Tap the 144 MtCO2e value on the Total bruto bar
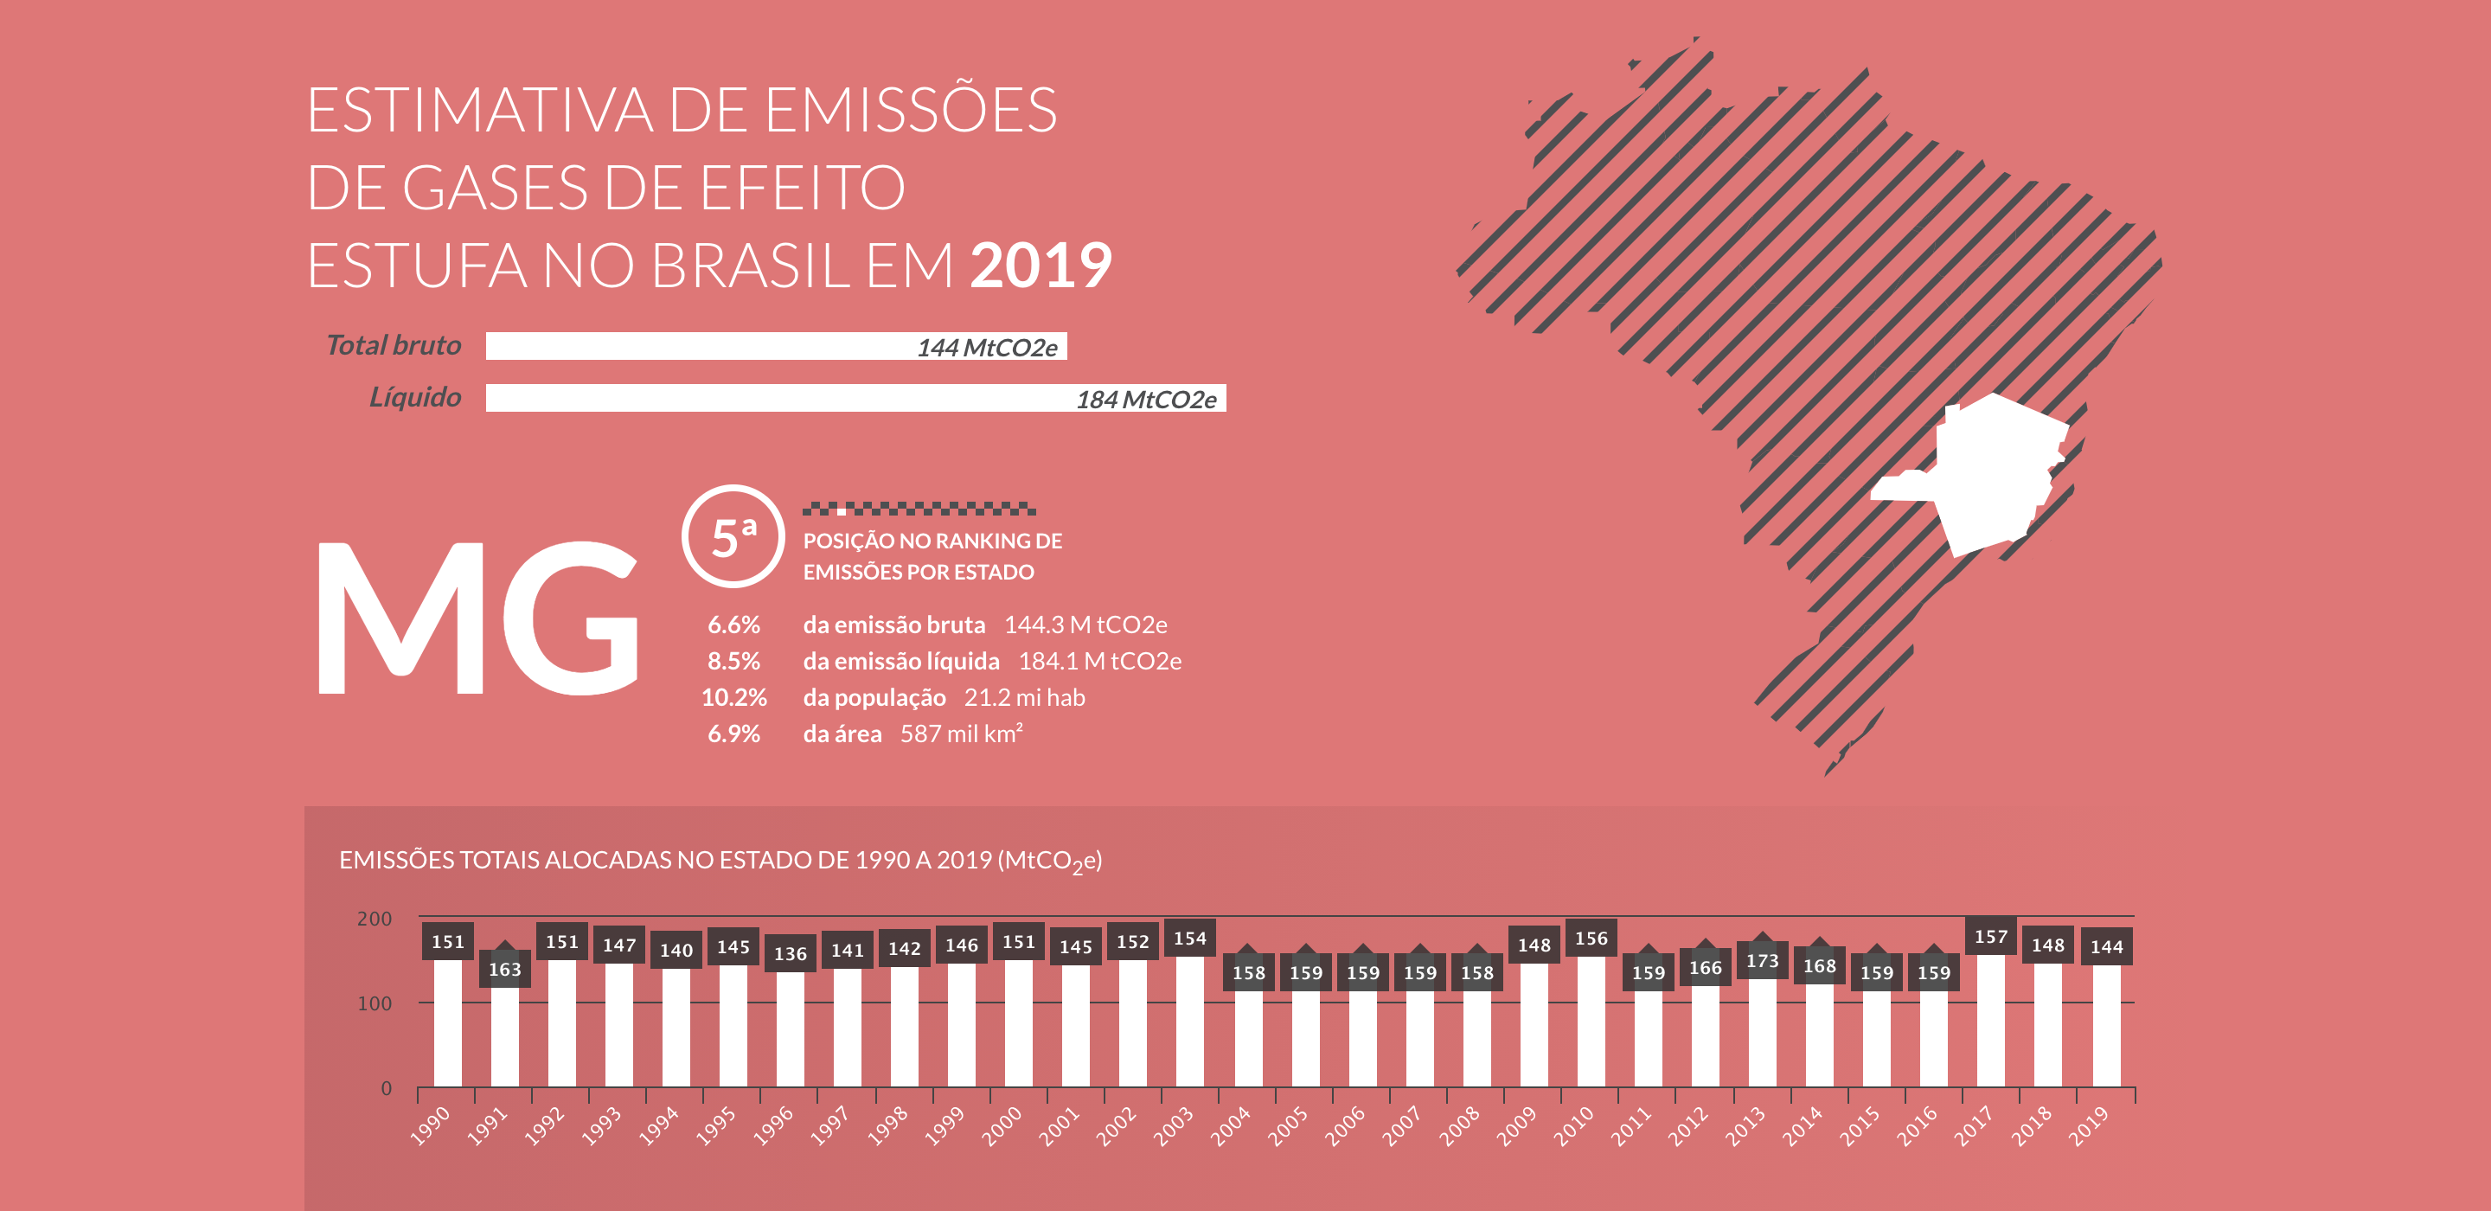(986, 347)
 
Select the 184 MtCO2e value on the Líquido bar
(1146, 400)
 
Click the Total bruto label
(394, 345)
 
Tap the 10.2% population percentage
(734, 697)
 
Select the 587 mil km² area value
(961, 734)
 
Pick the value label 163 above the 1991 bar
(505, 969)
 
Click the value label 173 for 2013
(1762, 960)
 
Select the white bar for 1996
(790, 1029)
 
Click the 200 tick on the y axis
(375, 919)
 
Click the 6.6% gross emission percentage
(734, 625)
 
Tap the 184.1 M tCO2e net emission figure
(1099, 662)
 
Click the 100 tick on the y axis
(375, 1004)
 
